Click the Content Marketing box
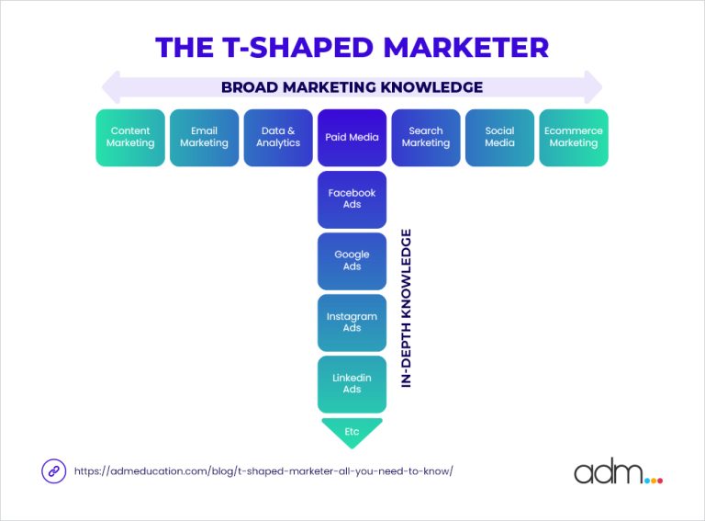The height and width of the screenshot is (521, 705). coord(130,138)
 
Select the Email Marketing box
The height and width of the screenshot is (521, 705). coord(204,138)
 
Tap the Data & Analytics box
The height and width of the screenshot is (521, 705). coord(278,138)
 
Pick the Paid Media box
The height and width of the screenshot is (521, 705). coord(352,138)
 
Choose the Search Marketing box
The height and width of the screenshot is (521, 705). coord(426,138)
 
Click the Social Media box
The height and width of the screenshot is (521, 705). coord(499,138)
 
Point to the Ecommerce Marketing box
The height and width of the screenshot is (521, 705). coord(573,138)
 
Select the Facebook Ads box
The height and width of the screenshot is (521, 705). coord(352,198)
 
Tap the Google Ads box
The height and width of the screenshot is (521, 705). coord(352,260)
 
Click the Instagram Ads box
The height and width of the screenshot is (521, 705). coord(352,322)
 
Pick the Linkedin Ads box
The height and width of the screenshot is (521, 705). coord(352,383)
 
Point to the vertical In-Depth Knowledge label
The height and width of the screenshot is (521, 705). coord(407,308)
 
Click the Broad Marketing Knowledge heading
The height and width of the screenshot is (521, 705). coord(352,88)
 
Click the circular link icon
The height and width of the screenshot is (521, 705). coord(53,470)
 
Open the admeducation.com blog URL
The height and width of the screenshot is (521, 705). coord(263,470)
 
